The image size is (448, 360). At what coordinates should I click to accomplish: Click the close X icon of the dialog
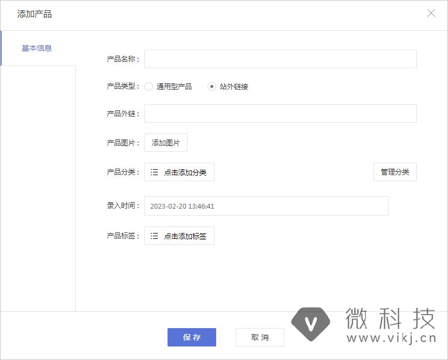tap(431, 14)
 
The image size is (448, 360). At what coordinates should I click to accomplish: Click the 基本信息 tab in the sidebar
tap(37, 48)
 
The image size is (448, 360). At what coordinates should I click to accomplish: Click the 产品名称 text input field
tap(280, 59)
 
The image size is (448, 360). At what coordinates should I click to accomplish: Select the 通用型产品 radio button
tap(149, 86)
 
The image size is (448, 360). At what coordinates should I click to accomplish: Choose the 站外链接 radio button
tap(212, 86)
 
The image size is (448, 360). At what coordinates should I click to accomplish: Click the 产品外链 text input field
tap(280, 114)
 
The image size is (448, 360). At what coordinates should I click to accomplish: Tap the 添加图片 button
tap(165, 143)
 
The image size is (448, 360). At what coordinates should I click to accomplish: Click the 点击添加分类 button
tap(179, 172)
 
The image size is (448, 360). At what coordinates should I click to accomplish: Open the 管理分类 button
tap(394, 172)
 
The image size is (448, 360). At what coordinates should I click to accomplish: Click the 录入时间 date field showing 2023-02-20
tap(266, 206)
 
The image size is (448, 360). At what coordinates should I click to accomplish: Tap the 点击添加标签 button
tap(179, 236)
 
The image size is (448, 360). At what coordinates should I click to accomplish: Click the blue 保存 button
tap(191, 337)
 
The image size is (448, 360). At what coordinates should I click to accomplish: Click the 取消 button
tap(259, 337)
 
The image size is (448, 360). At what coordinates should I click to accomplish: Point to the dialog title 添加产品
tap(35, 14)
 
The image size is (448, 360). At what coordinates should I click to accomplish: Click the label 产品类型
tap(123, 86)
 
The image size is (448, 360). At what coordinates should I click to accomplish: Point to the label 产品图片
tap(123, 143)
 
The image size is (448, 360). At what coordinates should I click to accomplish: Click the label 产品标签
tap(123, 236)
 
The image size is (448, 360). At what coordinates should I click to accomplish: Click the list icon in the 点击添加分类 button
tap(155, 172)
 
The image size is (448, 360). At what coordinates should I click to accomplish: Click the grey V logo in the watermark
tap(310, 324)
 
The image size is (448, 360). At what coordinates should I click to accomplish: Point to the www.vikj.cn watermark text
tap(391, 339)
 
